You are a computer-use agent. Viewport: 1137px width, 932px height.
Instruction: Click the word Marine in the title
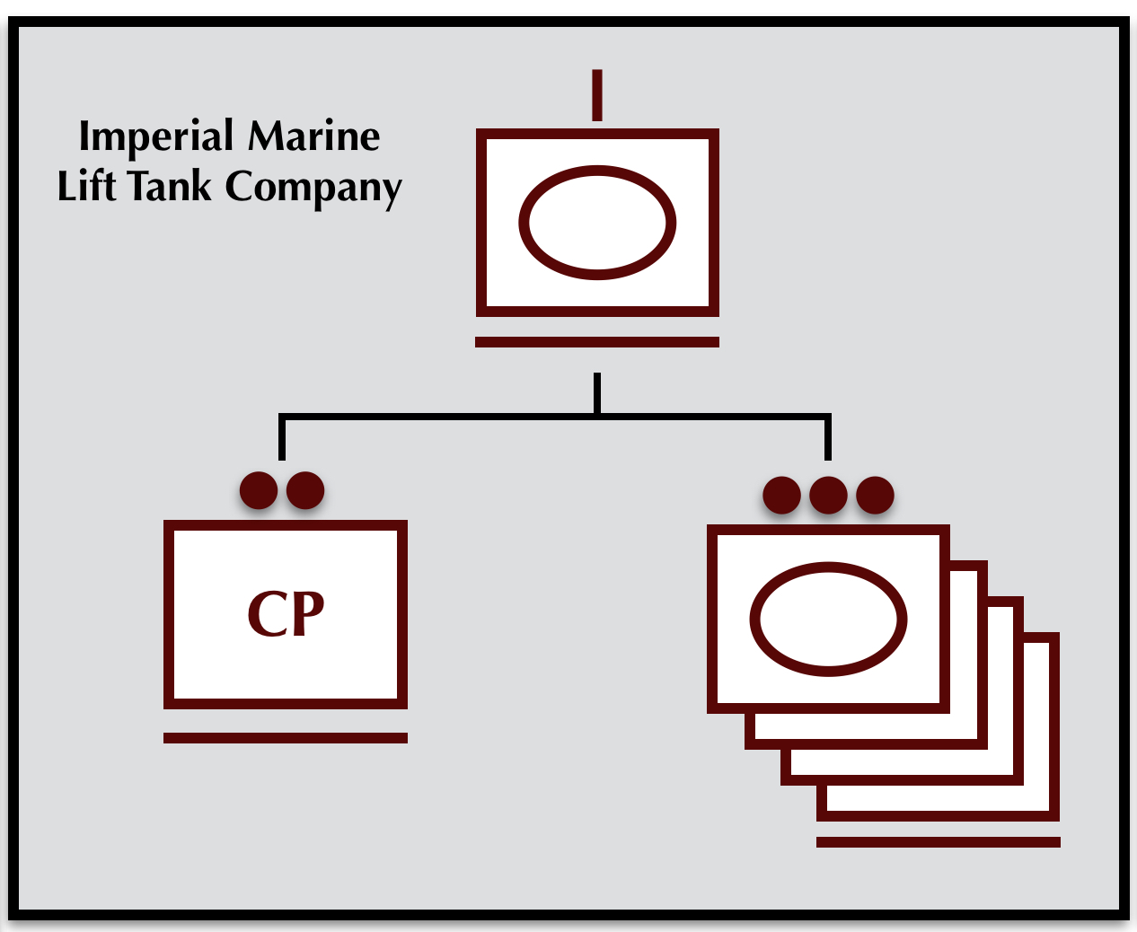(313, 136)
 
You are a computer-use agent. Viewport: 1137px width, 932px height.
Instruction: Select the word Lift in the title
(86, 187)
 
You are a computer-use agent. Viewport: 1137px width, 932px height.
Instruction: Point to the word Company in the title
(313, 189)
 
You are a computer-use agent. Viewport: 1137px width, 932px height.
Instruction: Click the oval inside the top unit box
(597, 223)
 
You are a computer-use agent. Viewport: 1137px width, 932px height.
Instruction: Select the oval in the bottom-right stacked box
(828, 620)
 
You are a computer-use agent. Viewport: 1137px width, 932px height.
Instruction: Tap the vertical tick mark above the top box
(597, 95)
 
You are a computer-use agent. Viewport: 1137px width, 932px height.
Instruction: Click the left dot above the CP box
(259, 490)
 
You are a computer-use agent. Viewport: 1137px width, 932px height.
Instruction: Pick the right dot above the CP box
(305, 490)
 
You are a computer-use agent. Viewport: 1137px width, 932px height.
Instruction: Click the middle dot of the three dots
(828, 495)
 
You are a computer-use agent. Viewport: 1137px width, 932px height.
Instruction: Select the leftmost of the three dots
(781, 495)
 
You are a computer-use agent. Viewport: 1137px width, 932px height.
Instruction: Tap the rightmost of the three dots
(875, 495)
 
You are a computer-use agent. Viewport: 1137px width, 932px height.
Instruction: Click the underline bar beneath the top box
(597, 342)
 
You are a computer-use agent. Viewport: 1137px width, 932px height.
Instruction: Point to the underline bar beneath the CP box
(286, 738)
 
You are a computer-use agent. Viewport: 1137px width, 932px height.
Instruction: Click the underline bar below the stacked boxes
(939, 842)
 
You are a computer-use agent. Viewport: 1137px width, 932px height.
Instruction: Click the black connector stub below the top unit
(597, 393)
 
